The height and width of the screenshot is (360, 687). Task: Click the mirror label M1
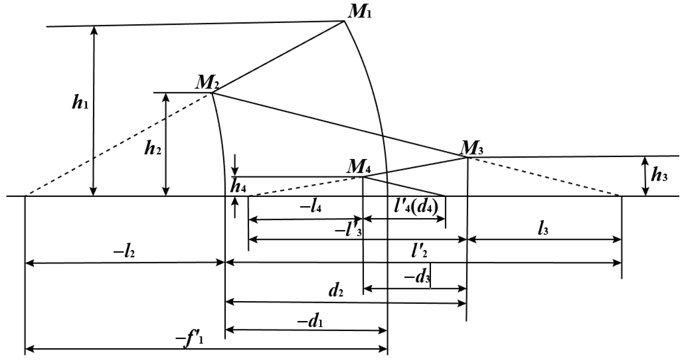click(359, 12)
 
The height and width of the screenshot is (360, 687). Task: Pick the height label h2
click(152, 148)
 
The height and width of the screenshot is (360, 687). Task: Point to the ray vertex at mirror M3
click(467, 157)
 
